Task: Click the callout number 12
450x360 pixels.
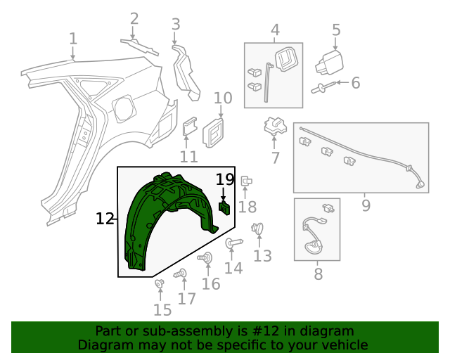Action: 105,219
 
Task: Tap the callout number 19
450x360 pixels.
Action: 224,179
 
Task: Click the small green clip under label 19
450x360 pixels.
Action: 225,207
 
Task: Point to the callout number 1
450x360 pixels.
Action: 73,38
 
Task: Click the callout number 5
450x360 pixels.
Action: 336,30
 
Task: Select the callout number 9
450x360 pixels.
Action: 366,205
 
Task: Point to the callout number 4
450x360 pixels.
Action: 275,30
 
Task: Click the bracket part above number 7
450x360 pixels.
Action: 274,127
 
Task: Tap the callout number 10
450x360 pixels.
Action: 222,98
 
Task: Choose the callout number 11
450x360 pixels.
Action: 188,156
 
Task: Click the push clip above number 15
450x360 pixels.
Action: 160,284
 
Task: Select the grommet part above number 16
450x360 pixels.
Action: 206,259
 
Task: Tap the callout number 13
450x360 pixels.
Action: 262,256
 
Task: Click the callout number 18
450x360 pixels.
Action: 247,207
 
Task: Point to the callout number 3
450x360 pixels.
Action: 176,25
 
